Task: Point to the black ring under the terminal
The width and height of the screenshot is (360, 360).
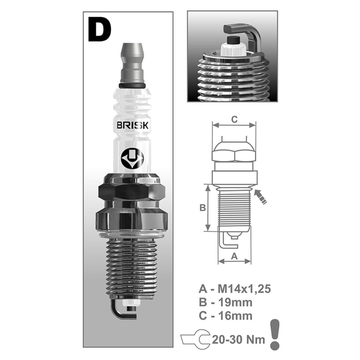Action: pos(132,86)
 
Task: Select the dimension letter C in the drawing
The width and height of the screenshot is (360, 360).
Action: pos(234,119)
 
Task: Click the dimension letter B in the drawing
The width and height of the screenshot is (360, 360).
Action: pos(202,208)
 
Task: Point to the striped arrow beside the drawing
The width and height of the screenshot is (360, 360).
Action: pos(260,197)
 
